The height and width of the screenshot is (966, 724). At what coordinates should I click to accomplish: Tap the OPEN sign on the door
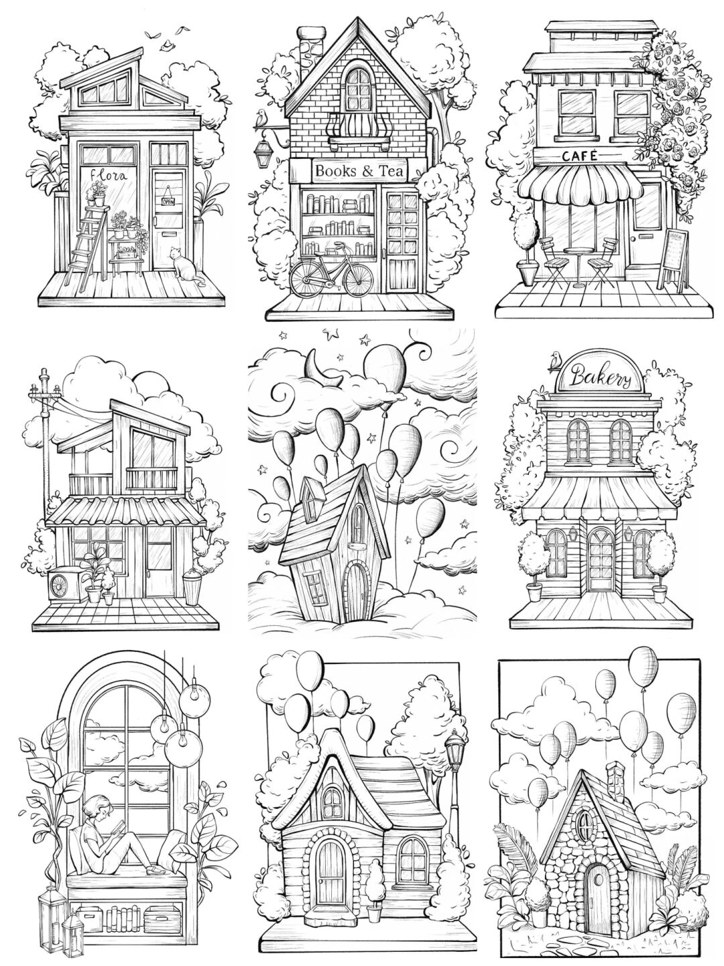(167, 199)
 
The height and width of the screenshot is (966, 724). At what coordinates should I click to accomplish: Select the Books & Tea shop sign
(359, 172)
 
